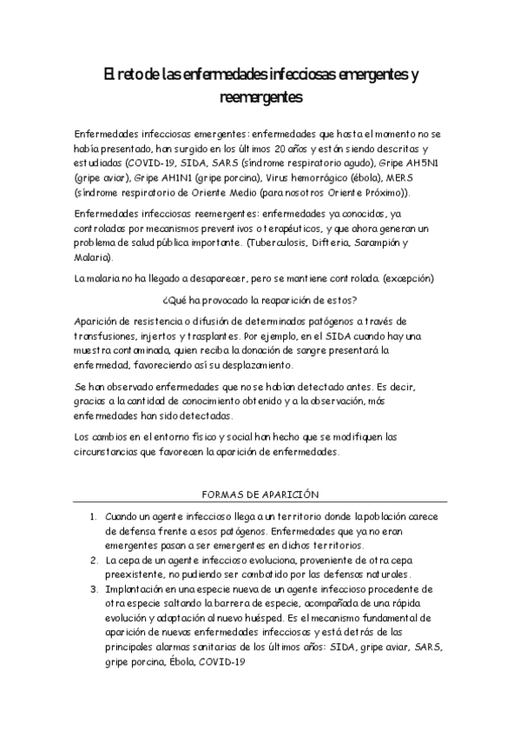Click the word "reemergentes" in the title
pos(260,98)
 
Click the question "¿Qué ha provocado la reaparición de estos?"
pos(260,300)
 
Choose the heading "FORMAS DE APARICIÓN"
pos(260,493)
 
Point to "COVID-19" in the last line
pos(222,661)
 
